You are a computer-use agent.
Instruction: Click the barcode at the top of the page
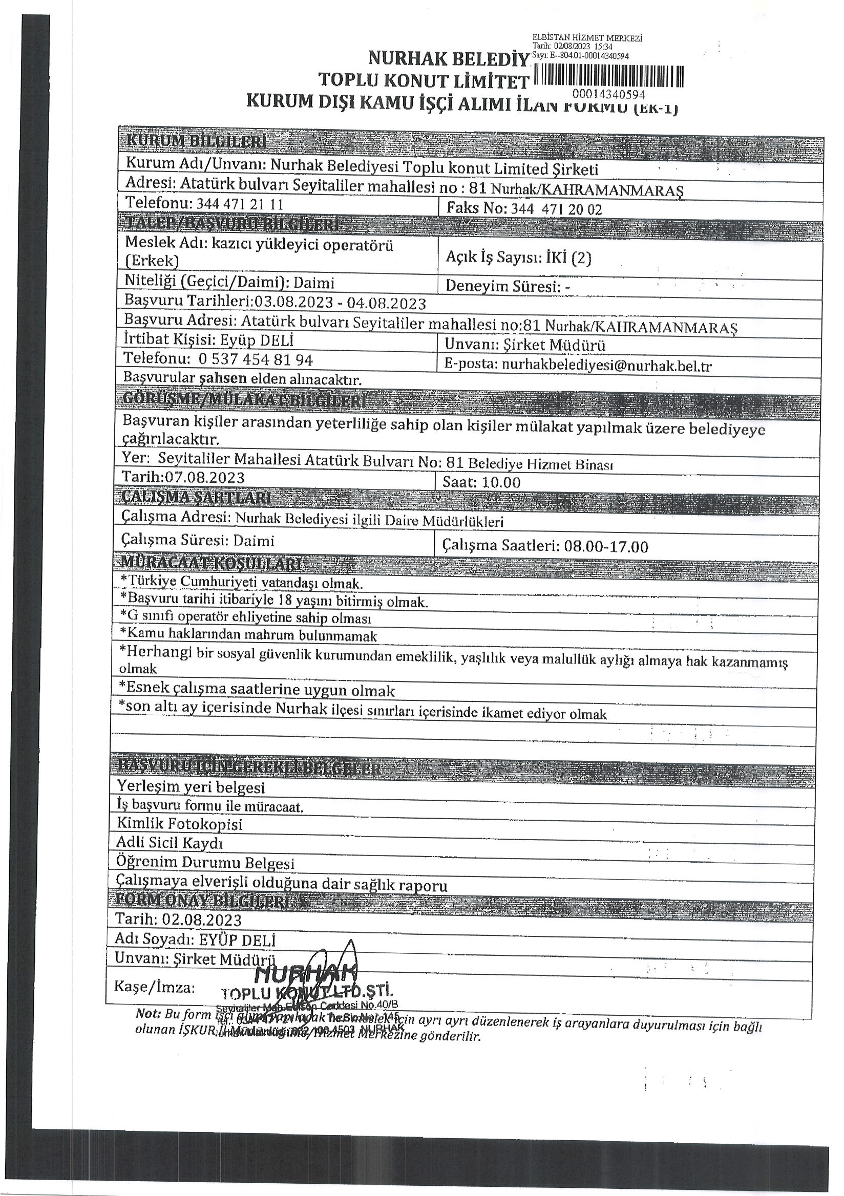pos(608,77)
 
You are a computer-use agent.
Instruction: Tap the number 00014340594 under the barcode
pos(608,95)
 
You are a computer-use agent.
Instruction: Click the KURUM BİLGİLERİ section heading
pos(196,141)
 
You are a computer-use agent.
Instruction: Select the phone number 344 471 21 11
pos(240,203)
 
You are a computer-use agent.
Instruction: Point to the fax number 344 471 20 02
pos(556,209)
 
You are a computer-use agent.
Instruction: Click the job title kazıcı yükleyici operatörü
pos(302,245)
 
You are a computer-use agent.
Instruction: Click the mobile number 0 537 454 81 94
pos(255,359)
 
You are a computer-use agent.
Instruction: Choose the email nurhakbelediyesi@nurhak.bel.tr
pos(606,366)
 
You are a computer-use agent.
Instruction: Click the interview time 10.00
pos(501,482)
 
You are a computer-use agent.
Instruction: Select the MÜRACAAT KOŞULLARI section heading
pos(210,564)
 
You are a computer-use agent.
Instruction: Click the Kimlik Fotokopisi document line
pos(179,824)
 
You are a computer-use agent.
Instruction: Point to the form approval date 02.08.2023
pos(202,920)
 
